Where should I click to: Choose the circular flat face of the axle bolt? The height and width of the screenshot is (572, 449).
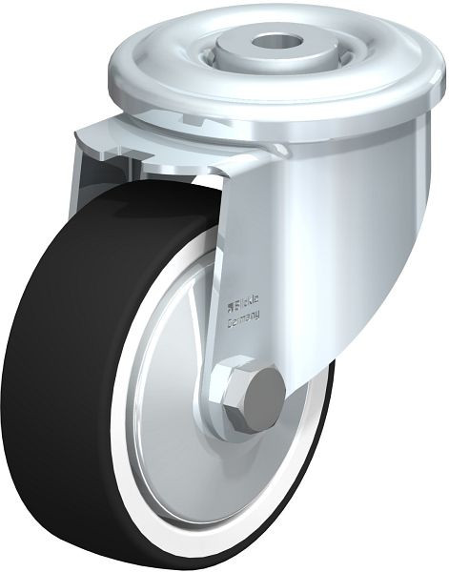pyautogui.click(x=262, y=390)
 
